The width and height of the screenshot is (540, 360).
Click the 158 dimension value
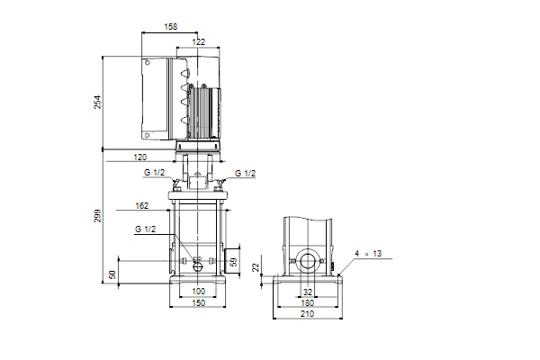click(170, 26)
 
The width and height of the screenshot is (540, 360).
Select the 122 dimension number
click(198, 41)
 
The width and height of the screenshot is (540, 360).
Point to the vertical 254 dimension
click(98, 102)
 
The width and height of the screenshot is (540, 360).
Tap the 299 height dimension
click(98, 216)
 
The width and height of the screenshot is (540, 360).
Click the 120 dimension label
click(140, 157)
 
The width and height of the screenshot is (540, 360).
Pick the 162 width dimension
click(141, 206)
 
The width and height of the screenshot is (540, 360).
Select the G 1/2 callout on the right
click(245, 174)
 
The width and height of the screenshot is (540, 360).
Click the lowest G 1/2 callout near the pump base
click(145, 229)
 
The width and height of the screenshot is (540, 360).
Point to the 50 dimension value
click(112, 274)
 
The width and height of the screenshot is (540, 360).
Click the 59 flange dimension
click(234, 262)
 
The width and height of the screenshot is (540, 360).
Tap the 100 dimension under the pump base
click(198, 291)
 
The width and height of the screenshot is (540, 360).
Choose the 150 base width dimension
click(198, 302)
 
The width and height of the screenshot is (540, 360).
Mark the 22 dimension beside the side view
click(256, 267)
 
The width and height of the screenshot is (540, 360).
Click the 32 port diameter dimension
click(308, 292)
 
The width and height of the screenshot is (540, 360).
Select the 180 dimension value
click(307, 302)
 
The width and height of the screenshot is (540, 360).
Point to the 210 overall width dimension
click(307, 314)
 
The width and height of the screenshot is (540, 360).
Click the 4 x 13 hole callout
click(368, 254)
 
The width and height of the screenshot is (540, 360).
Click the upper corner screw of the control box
click(147, 63)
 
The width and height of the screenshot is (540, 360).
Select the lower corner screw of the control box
click(147, 135)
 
